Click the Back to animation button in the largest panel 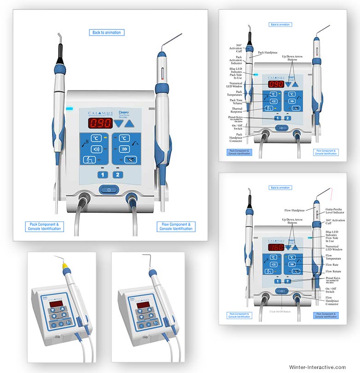107,32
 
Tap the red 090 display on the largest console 100,123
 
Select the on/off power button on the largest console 109,189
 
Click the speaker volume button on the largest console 97,149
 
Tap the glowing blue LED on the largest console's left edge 70,109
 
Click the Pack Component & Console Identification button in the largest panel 44,227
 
